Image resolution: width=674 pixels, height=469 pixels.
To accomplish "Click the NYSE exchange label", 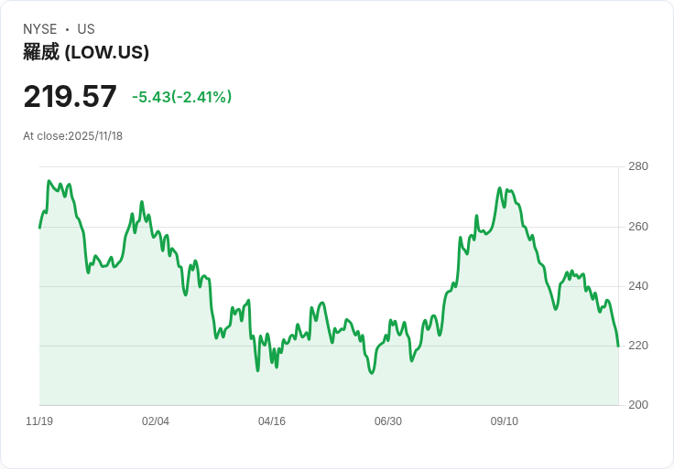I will pos(39,29).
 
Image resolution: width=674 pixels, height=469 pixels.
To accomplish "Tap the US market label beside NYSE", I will pos(86,29).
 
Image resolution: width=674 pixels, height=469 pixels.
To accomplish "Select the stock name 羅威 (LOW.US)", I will pos(86,52).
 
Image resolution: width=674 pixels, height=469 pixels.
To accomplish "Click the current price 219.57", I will pos(70,97).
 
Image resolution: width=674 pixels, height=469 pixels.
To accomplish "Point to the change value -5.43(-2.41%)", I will pos(181,97).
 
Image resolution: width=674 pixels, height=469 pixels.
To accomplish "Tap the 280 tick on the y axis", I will pos(637,166).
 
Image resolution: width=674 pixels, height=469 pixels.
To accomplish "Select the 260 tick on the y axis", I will pos(637,227).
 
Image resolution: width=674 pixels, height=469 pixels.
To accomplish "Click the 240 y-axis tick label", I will pos(637,286).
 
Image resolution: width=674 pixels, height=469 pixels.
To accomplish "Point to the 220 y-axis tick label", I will pos(637,346).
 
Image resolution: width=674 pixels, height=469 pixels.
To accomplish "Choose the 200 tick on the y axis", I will pos(637,405).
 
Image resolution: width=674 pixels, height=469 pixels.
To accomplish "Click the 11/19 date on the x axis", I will pos(39,421).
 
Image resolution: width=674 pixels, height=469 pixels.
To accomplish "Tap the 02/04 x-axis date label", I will pos(156,421).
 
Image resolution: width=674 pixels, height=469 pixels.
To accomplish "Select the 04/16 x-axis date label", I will pos(272,421).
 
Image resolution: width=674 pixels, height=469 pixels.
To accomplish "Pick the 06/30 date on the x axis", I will pos(388,421).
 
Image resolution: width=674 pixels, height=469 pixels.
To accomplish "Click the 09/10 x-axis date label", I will pos(505,421).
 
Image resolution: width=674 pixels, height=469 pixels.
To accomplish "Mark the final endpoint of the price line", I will pos(618,346).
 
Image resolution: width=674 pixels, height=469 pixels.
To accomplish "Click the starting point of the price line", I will pos(39,228).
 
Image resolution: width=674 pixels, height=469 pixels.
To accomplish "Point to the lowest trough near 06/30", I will pos(372,373).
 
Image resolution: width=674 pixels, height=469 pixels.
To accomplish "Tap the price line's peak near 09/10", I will pos(500,188).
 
